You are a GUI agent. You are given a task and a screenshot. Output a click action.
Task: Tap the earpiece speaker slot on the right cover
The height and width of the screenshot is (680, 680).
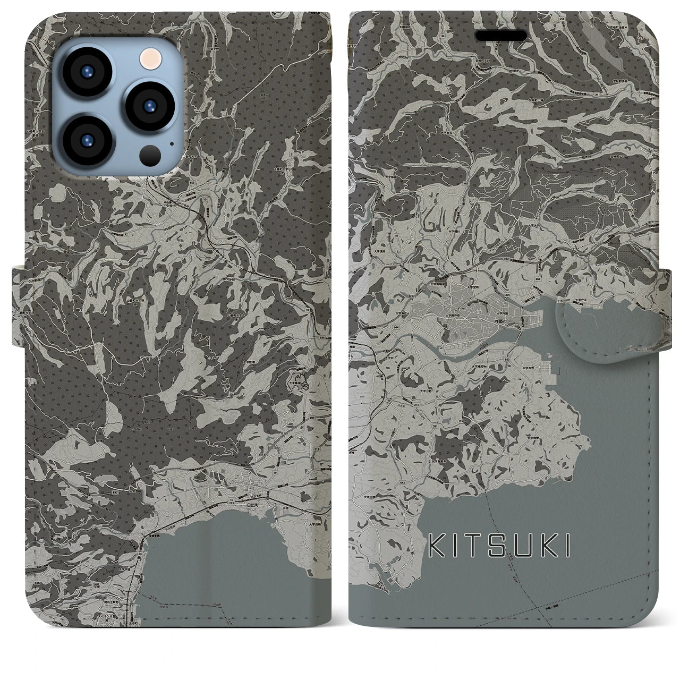(x=505, y=35)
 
